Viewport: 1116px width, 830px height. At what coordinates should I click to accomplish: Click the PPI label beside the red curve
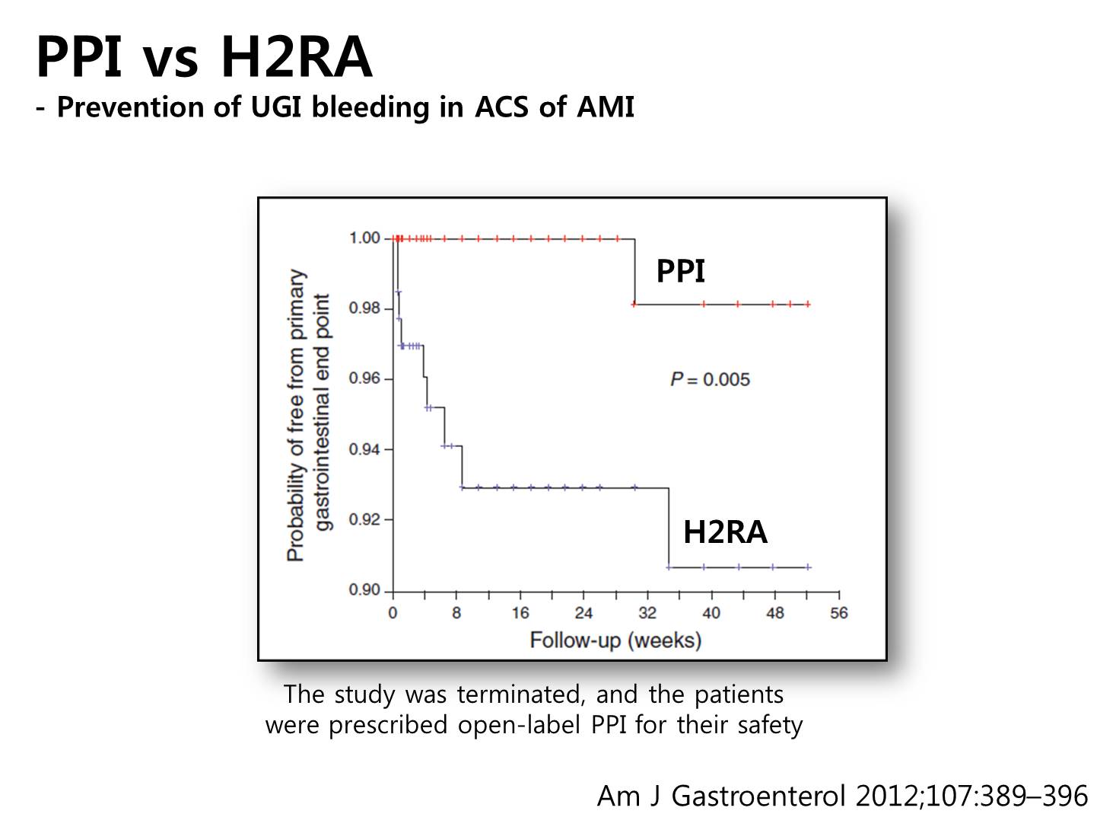680,271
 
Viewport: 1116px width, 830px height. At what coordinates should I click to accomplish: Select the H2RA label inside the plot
725,532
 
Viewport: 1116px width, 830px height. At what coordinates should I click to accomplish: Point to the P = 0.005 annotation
710,379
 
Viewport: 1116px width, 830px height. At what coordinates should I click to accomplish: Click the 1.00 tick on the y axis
365,238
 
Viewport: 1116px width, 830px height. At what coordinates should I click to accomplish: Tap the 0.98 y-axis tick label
365,308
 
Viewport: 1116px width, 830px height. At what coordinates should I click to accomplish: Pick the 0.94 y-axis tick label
365,449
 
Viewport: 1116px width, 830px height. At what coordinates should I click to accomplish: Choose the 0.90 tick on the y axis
365,589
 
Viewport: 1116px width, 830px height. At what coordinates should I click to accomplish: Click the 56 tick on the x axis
839,613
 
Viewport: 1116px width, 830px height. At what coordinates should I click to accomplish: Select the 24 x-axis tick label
583,613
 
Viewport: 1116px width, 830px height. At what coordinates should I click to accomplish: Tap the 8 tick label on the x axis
456,613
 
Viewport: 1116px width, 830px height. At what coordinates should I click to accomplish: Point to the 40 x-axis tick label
711,613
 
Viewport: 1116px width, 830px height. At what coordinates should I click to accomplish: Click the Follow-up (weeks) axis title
615,640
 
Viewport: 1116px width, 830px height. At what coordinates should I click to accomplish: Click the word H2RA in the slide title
297,56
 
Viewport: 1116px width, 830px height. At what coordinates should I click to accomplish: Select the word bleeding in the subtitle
370,107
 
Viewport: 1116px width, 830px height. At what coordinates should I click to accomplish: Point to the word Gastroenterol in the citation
758,796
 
